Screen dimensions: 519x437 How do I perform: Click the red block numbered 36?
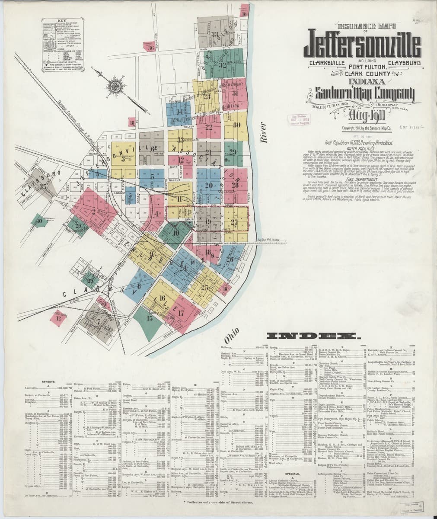[150, 48]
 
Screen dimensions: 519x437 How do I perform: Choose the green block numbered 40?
[40, 221]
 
